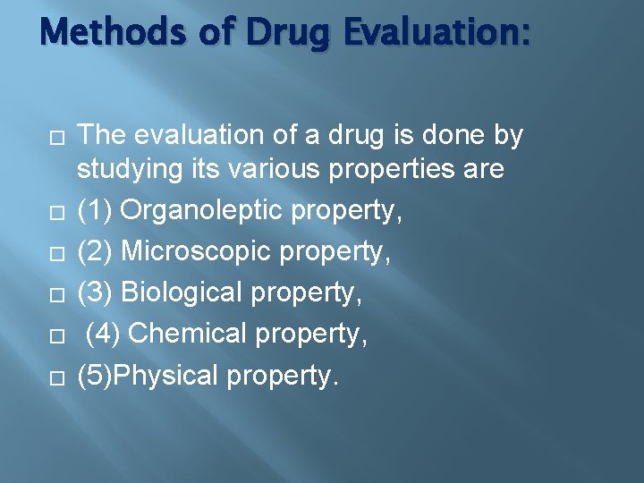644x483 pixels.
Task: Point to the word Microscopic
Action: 196,252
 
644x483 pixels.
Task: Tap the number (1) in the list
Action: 95,211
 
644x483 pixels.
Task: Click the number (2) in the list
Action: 95,252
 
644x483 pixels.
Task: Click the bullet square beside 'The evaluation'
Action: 55,137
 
